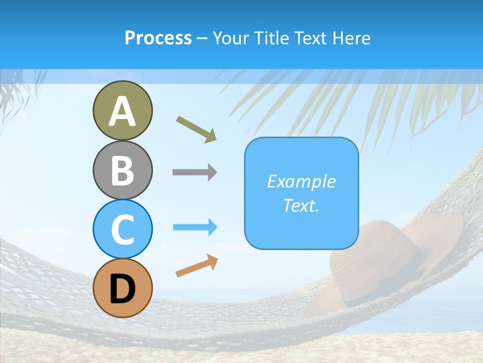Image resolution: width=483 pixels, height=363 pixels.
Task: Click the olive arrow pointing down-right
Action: tap(196, 129)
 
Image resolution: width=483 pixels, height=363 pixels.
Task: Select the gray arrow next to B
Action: tap(195, 172)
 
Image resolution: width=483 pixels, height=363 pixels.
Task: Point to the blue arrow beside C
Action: tap(195, 227)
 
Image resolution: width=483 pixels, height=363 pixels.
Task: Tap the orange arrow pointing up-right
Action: tap(197, 266)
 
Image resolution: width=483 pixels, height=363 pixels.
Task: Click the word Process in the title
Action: tap(158, 38)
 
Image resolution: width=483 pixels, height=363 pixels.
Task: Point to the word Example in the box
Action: tap(301, 181)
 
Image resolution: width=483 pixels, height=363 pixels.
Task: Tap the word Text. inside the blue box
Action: tap(301, 206)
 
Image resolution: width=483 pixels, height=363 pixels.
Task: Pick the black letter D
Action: tap(123, 289)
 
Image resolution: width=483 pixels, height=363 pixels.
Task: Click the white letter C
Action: tap(123, 230)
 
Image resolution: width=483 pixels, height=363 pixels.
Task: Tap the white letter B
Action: tap(123, 170)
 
